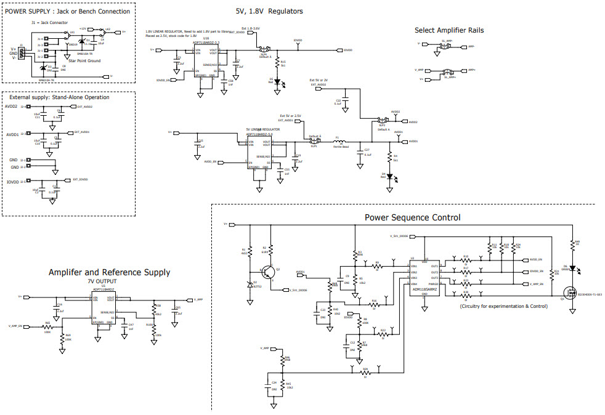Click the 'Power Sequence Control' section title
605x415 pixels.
point(412,217)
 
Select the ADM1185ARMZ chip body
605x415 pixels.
point(424,277)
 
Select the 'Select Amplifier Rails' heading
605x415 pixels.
point(449,30)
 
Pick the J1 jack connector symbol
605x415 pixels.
point(22,54)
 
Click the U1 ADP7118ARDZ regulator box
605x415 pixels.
point(104,307)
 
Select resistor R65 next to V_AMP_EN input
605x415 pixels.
point(47,328)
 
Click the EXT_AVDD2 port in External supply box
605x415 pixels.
point(83,107)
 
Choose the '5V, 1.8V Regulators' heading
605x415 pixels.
point(269,11)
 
